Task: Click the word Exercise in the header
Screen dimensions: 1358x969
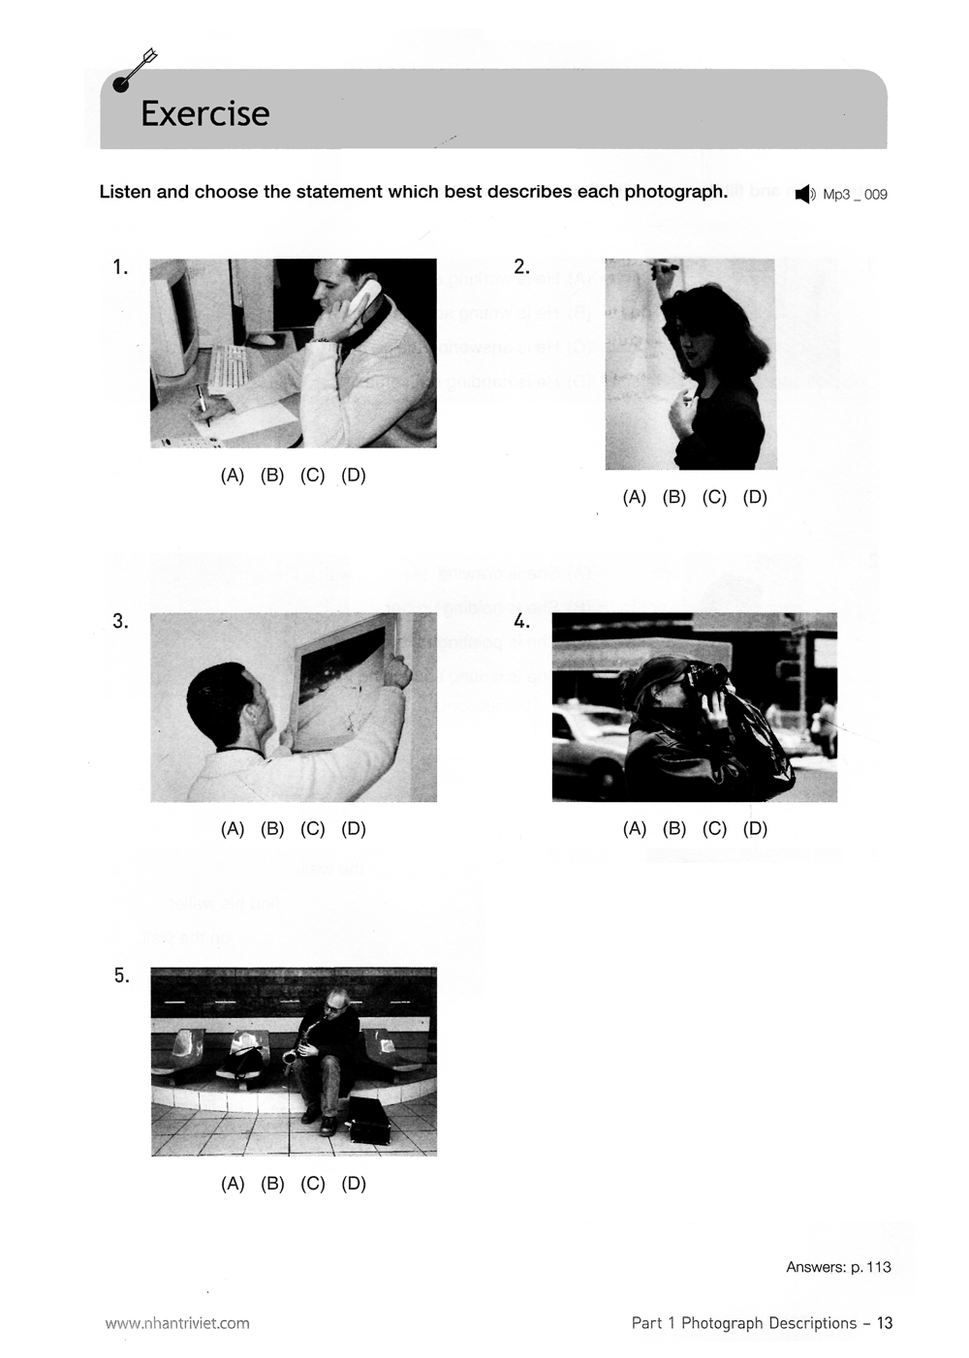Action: point(204,113)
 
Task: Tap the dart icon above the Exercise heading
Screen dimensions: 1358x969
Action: point(134,72)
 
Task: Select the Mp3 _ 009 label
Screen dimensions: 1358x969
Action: point(855,195)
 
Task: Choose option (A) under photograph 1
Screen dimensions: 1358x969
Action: point(233,476)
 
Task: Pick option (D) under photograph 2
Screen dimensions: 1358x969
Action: point(755,498)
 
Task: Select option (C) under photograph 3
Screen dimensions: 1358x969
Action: point(312,829)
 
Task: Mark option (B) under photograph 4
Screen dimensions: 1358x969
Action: point(674,829)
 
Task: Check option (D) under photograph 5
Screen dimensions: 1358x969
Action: point(354,1184)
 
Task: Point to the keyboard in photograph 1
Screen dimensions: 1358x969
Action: point(228,367)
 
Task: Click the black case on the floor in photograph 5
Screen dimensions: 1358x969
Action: point(367,1120)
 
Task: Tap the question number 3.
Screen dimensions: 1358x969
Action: point(120,622)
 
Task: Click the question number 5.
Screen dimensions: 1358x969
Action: point(121,976)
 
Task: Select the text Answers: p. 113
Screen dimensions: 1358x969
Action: point(838,1267)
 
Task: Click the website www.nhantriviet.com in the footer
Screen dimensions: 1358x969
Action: point(177,1323)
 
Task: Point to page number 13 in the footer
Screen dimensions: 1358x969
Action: point(884,1323)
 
